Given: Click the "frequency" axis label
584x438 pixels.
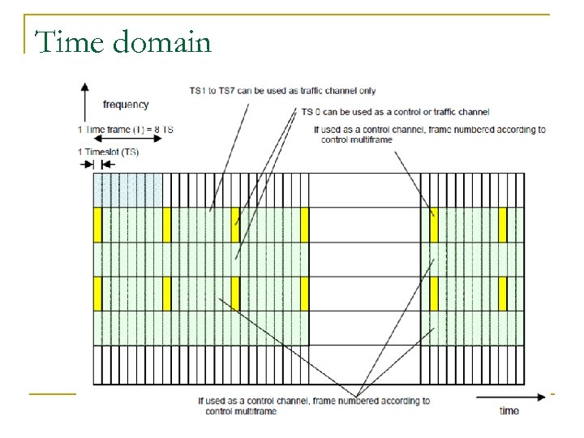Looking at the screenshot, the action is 126,104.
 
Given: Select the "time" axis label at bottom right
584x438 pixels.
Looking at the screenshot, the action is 509,410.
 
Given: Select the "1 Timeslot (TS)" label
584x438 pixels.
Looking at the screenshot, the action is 108,152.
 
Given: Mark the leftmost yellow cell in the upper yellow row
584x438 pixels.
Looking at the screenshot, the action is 97,225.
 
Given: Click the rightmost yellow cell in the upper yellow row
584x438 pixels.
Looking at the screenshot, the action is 503,225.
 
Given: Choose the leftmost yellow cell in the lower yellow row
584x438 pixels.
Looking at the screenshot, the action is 97,294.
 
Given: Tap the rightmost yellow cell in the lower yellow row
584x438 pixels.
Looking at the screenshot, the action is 503,294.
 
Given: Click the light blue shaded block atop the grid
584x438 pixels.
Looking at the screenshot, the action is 127,190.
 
